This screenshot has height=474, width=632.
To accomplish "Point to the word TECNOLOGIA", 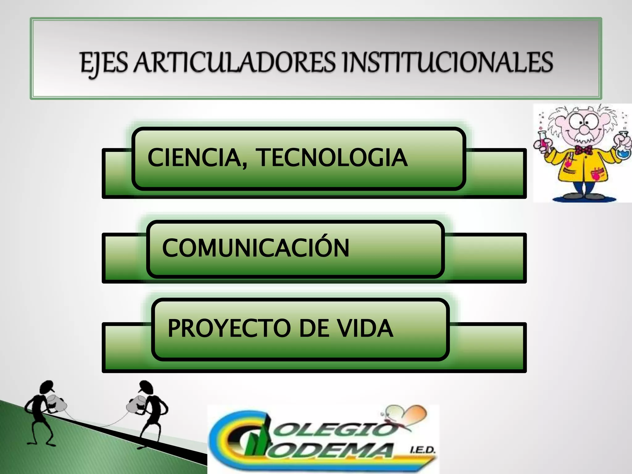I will click(x=333, y=158).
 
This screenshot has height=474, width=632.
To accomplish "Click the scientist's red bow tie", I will click(x=583, y=150).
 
